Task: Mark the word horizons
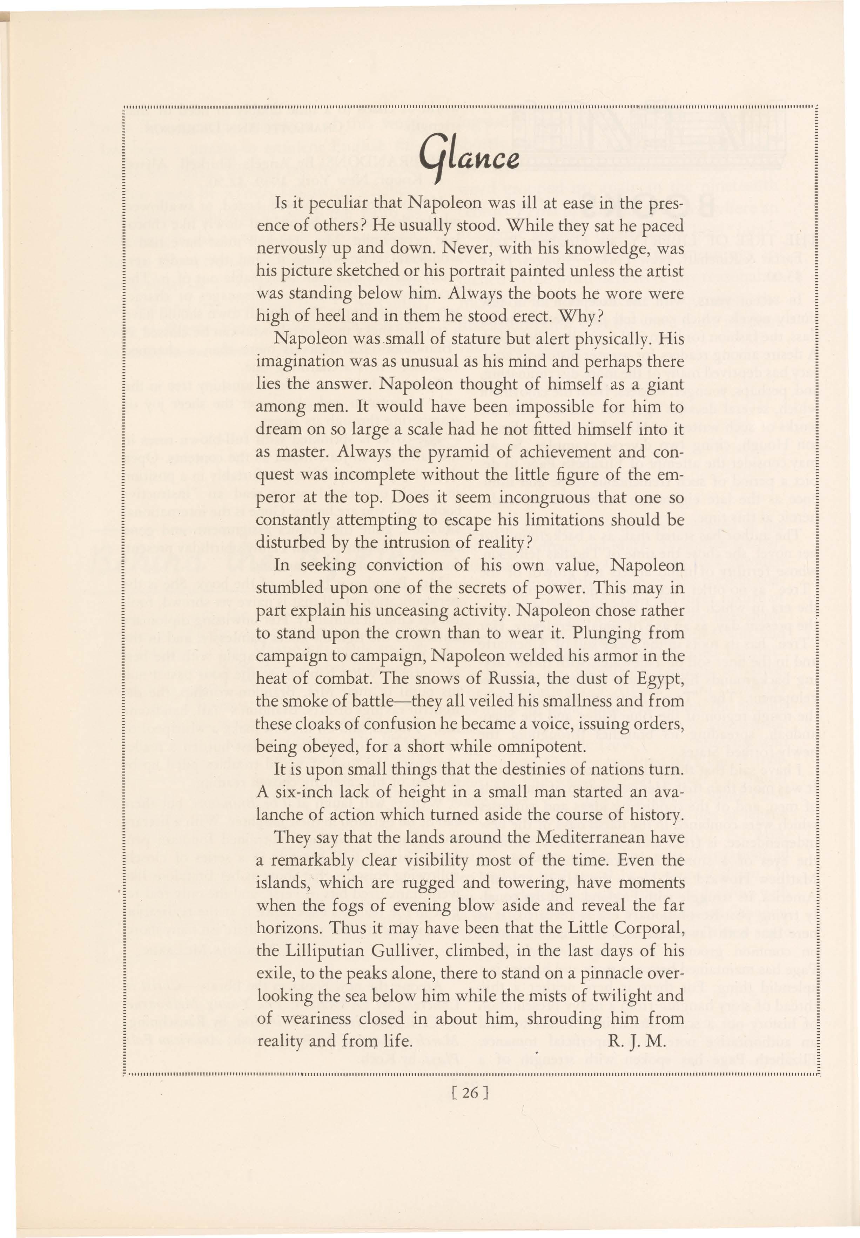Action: click(288, 928)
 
